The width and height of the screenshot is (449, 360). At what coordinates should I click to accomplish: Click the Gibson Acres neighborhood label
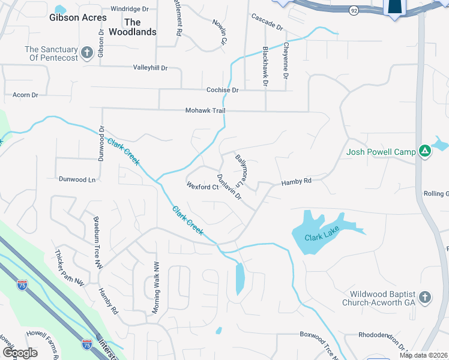click(78, 18)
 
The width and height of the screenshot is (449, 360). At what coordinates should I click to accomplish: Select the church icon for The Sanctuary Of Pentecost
click(86, 53)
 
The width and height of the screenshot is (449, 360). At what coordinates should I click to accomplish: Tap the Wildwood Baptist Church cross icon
click(424, 298)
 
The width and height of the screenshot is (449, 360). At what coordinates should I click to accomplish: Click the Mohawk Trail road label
click(205, 111)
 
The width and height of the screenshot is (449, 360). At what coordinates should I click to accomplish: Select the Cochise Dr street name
click(222, 90)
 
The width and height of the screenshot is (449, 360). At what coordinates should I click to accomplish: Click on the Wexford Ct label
click(202, 187)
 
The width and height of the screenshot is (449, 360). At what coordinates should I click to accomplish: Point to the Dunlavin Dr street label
click(229, 187)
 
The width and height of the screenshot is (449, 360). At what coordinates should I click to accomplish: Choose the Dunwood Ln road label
click(77, 179)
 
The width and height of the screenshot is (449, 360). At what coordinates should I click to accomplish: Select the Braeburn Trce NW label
click(95, 242)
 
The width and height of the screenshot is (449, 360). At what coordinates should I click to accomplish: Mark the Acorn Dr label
click(25, 95)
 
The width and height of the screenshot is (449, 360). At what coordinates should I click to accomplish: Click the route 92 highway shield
click(354, 10)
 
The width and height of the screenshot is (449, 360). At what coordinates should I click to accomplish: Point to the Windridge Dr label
click(129, 9)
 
